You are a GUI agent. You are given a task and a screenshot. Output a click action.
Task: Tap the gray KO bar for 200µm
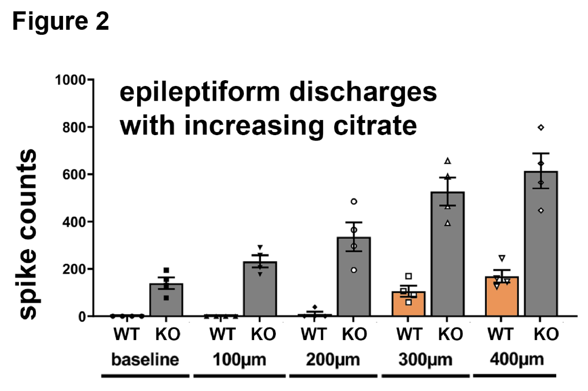pyautogui.click(x=354, y=277)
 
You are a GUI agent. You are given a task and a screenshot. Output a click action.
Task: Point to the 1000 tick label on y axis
pyautogui.click(x=71, y=80)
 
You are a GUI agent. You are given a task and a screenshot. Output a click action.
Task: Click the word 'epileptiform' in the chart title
pyautogui.click(x=199, y=93)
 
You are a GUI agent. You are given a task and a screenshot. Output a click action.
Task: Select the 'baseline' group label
pyautogui.click(x=145, y=359)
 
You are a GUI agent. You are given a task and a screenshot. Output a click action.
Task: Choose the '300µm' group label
pyautogui.click(x=426, y=359)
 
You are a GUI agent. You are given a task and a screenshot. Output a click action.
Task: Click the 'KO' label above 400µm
pyautogui.click(x=546, y=334)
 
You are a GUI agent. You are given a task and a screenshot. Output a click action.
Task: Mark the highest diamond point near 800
pyautogui.click(x=541, y=128)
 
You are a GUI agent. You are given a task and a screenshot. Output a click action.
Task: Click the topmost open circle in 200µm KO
pyautogui.click(x=354, y=201)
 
